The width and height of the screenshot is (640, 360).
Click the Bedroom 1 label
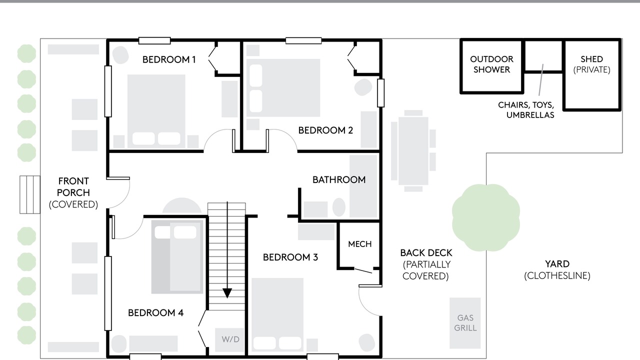(169, 59)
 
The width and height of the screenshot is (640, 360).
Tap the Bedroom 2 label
(325, 130)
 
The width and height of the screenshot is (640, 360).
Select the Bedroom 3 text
(290, 257)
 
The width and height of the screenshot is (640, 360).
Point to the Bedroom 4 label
(155, 312)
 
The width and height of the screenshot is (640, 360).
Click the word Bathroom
(339, 179)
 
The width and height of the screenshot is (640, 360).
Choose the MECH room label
(360, 244)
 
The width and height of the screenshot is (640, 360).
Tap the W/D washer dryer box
(230, 339)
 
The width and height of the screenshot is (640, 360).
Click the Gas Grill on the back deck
(465, 323)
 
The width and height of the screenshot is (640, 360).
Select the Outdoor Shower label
(491, 64)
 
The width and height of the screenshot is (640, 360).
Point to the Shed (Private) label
(591, 64)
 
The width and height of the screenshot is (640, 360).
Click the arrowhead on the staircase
(227, 293)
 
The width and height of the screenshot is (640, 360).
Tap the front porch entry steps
(30, 194)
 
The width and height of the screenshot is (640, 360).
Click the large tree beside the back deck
(485, 217)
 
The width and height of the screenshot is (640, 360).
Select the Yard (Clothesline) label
(557, 269)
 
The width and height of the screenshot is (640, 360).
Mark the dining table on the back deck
(413, 151)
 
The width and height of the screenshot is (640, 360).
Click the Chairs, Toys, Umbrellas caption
(526, 110)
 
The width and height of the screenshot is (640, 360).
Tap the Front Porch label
(73, 193)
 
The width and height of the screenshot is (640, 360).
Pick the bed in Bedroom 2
(283, 87)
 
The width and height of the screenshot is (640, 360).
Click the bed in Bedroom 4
(177, 256)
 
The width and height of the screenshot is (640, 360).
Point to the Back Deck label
(426, 264)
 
